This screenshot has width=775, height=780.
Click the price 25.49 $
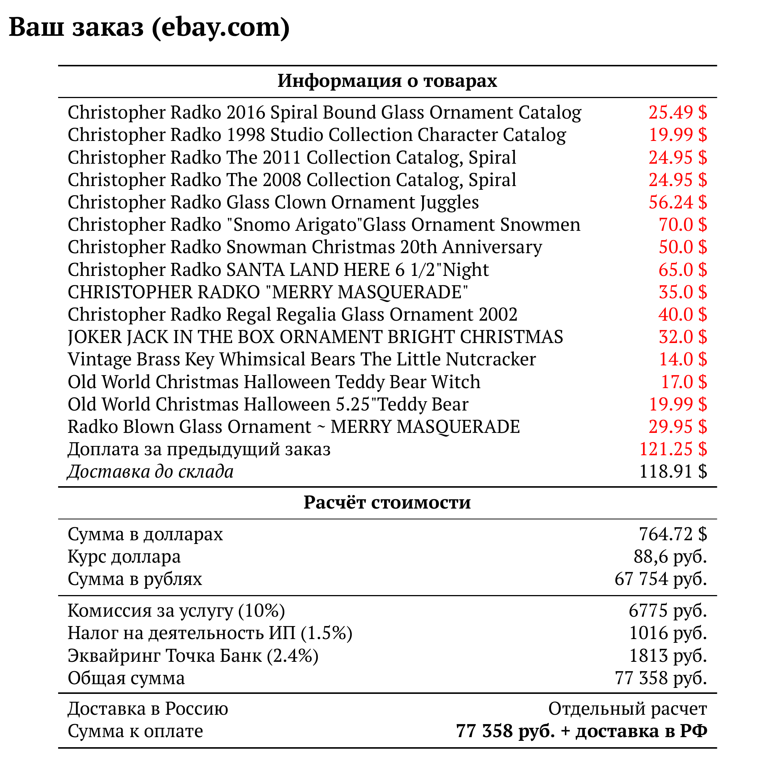pyautogui.click(x=677, y=113)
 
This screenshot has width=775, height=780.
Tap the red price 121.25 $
pyautogui.click(x=673, y=449)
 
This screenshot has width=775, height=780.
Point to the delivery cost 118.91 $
pyautogui.click(x=673, y=472)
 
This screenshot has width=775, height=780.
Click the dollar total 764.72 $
pyautogui.click(x=673, y=534)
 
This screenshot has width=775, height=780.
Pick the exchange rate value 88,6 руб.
pyautogui.click(x=670, y=557)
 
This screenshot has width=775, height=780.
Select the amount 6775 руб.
pyautogui.click(x=668, y=611)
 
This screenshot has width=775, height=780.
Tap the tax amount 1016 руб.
pyautogui.click(x=668, y=633)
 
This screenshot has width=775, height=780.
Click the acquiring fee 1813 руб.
pyautogui.click(x=668, y=655)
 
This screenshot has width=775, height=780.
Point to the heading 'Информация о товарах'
pyautogui.click(x=387, y=81)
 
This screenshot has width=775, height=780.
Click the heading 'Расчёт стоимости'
pyautogui.click(x=387, y=503)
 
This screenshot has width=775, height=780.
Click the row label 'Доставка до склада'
pyautogui.click(x=151, y=472)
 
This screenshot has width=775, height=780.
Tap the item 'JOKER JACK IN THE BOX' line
pyautogui.click(x=315, y=337)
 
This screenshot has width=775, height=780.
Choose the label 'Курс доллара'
pyautogui.click(x=124, y=557)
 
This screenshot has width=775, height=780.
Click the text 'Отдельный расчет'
pyautogui.click(x=627, y=708)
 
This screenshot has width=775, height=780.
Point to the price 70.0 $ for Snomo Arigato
pyautogui.click(x=683, y=225)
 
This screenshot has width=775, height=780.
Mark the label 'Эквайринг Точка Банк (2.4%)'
pyautogui.click(x=193, y=655)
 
